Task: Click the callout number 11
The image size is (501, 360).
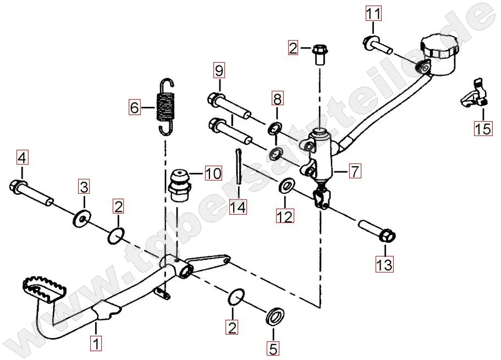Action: [x=373, y=14]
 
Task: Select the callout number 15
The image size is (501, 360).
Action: [x=483, y=129]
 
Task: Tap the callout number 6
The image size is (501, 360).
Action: [x=135, y=107]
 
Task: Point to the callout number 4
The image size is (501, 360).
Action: [x=22, y=157]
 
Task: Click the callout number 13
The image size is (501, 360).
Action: [x=384, y=265]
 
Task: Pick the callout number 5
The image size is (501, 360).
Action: [x=273, y=348]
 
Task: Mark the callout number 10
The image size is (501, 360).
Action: [x=213, y=173]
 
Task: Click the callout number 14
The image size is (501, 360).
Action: [x=238, y=207]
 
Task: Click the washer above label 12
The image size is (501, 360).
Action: [x=285, y=186]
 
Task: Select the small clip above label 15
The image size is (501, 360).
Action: [x=473, y=94]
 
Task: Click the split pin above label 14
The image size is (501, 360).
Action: [x=238, y=166]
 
